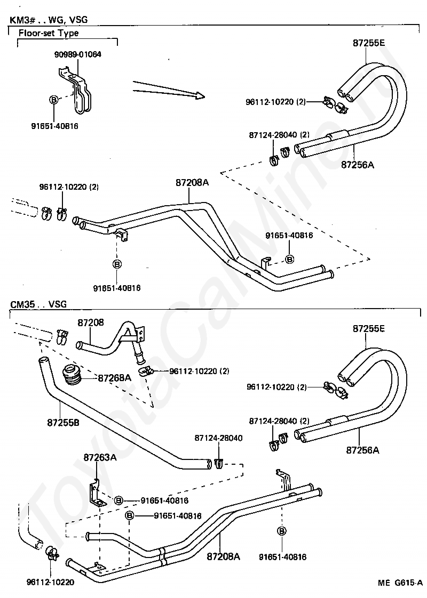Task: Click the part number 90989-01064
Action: coord(78,54)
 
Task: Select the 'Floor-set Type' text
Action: coord(49,33)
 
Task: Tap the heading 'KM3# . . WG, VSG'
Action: coord(49,19)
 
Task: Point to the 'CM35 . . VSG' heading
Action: coord(38,304)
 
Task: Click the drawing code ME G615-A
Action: coord(400,583)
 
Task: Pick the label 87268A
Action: coord(115,378)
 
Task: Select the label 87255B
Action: coord(64,423)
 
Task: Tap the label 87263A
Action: coord(100,457)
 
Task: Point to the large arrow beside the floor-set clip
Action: coord(169,91)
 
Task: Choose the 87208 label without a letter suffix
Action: coord(91,322)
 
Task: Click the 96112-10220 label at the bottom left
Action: coord(51,583)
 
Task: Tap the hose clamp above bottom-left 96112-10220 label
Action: coord(52,553)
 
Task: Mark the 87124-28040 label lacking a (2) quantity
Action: coord(218,438)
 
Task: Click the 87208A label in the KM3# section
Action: coord(192,183)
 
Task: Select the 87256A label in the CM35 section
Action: coord(363,450)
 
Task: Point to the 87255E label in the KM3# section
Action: coord(369,43)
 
